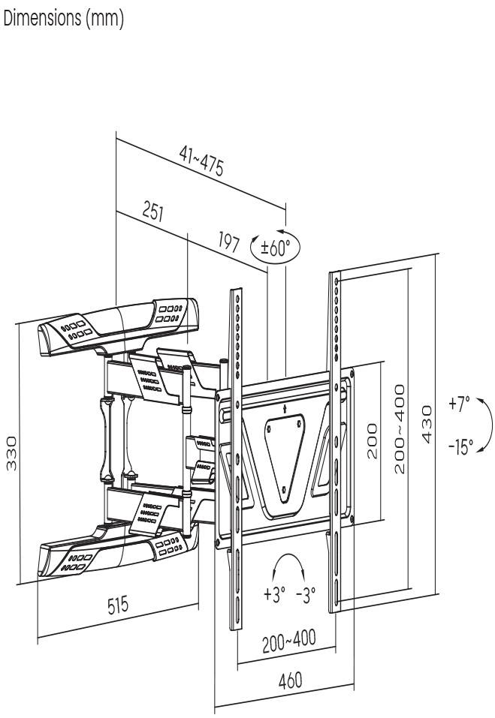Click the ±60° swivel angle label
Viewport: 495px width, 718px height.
coord(276,246)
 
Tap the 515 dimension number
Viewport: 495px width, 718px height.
coord(113,604)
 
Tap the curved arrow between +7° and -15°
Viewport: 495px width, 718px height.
coord(486,425)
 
